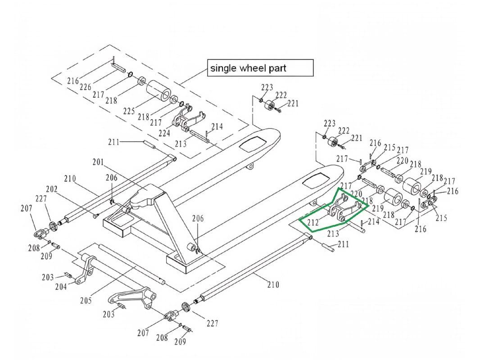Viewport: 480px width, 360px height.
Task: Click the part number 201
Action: point(98,162)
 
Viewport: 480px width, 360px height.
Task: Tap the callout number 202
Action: point(52,189)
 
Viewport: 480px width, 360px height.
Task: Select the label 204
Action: point(61,287)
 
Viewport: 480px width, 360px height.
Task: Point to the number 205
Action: point(86,300)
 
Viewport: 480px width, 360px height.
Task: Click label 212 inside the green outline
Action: point(312,222)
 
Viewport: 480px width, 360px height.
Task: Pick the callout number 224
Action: point(164,133)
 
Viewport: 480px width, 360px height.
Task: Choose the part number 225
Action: point(129,111)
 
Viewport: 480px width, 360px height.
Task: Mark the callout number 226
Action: point(86,87)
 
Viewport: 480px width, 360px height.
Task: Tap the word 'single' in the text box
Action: point(222,68)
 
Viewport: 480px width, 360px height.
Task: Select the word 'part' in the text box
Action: point(276,68)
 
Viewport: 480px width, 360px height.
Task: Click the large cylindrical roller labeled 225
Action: point(158,90)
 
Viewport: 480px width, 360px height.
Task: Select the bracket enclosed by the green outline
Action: point(344,209)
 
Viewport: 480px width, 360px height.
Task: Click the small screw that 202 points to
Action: point(95,216)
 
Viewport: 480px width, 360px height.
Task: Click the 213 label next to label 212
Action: point(333,233)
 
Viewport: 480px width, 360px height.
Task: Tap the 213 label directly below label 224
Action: point(181,144)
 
